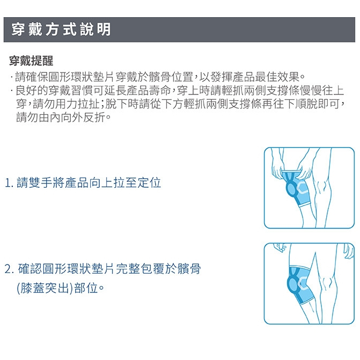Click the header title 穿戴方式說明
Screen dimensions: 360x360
point(61,30)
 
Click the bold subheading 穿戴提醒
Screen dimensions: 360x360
point(31,61)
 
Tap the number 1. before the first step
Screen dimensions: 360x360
point(9,183)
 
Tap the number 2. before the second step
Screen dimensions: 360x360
point(10,269)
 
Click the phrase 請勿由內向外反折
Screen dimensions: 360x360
point(61,117)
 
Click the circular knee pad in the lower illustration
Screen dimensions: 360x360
point(293,284)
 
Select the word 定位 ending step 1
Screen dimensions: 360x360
point(149,183)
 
